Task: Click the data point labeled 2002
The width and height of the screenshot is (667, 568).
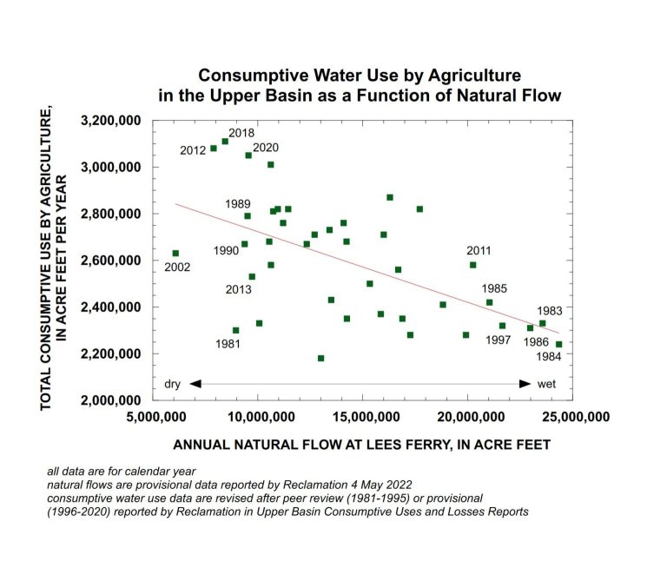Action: tap(175, 254)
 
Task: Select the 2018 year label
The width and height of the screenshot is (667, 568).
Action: tap(241, 133)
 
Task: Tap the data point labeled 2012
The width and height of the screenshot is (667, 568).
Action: tap(214, 149)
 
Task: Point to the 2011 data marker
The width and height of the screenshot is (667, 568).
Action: tap(472, 265)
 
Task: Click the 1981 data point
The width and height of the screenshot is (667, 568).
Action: tap(235, 330)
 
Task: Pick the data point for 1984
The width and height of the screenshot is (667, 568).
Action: tap(558, 344)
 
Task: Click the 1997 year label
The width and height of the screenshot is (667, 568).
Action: tap(499, 340)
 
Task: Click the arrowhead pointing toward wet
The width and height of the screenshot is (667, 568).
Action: tap(525, 383)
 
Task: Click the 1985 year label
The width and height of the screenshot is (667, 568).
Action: tap(493, 288)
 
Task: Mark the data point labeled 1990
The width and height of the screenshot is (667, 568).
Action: tap(244, 244)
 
